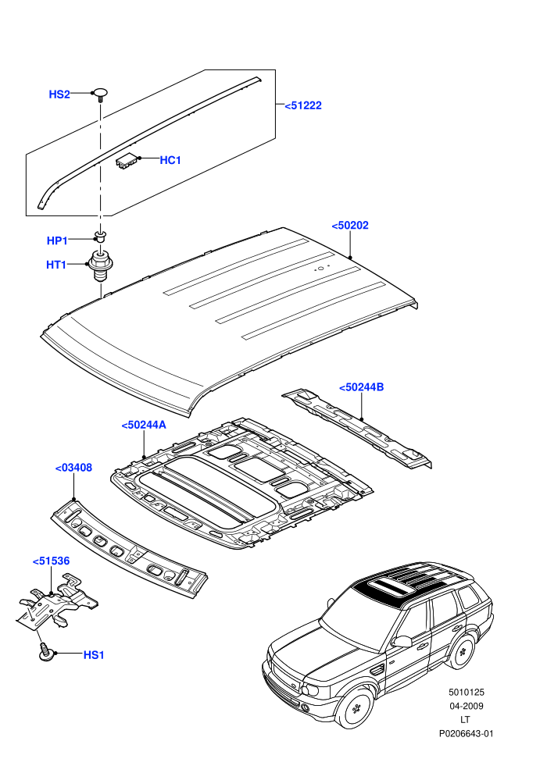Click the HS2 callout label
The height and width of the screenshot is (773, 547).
click(59, 94)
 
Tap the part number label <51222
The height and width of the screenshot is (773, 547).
click(303, 105)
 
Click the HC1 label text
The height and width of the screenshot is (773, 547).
click(170, 160)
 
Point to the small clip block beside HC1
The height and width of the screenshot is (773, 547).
click(127, 160)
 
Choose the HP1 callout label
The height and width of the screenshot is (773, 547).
click(57, 240)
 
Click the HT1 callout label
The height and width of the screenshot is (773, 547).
click(56, 265)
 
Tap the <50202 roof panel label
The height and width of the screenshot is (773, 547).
click(350, 226)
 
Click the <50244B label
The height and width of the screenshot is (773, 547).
click(362, 387)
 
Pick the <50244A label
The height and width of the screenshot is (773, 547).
click(144, 425)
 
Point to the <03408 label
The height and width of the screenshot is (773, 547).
click(73, 468)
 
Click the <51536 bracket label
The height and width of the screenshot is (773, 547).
click(52, 561)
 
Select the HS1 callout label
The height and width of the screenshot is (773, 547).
click(94, 654)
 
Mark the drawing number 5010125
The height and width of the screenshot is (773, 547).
click(467, 692)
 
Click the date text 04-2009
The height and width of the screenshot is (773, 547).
click(467, 706)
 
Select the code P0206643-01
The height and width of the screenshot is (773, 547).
click(467, 733)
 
